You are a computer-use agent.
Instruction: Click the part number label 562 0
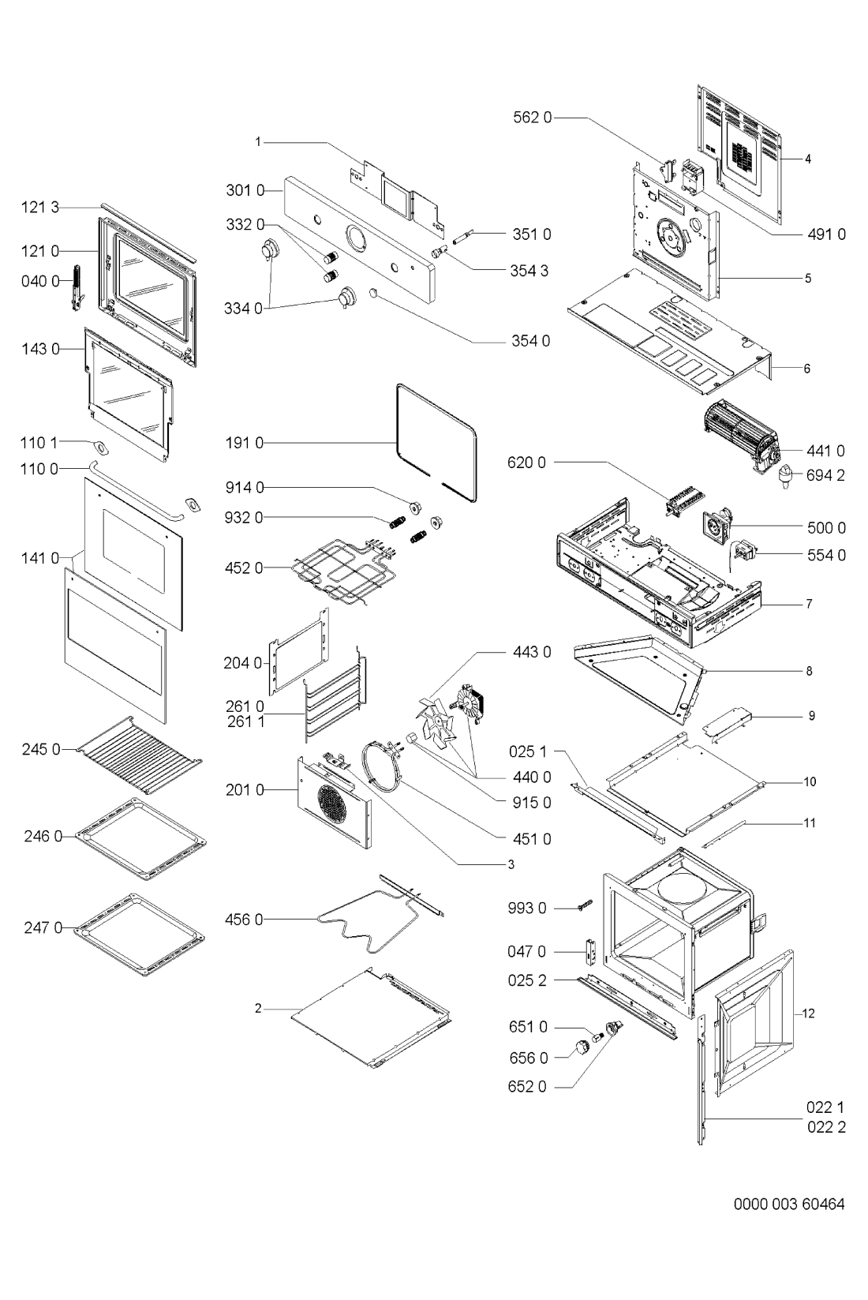(532, 118)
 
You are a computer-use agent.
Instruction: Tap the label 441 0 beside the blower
(825, 451)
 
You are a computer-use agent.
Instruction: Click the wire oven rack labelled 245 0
(139, 755)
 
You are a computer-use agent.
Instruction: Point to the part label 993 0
(527, 908)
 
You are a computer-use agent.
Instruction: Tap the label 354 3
(529, 271)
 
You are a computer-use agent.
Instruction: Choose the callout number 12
(809, 1013)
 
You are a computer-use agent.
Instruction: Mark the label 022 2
(825, 1126)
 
